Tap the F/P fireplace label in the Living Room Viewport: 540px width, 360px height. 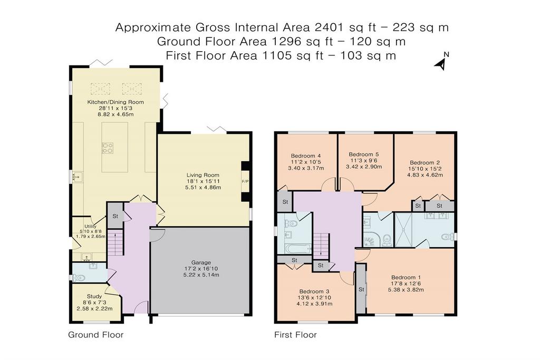245,181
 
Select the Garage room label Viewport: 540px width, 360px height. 201,262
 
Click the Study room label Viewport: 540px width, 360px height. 94,296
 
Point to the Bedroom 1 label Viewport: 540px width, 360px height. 406,277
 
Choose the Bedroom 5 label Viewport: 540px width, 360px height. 364,154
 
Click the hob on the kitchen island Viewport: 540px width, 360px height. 108,148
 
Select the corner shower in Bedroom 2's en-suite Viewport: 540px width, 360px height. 371,239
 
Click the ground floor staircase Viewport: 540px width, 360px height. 115,242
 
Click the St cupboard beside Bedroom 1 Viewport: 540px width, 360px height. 361,289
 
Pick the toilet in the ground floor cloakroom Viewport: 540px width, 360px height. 80,277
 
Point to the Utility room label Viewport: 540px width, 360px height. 91,226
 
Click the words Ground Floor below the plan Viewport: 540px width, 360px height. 95,335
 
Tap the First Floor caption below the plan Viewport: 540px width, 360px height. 295,335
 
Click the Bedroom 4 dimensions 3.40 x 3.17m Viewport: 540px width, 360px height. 306,168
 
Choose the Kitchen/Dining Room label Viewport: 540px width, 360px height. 115,102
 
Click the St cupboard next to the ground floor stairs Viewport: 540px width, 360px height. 115,216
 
